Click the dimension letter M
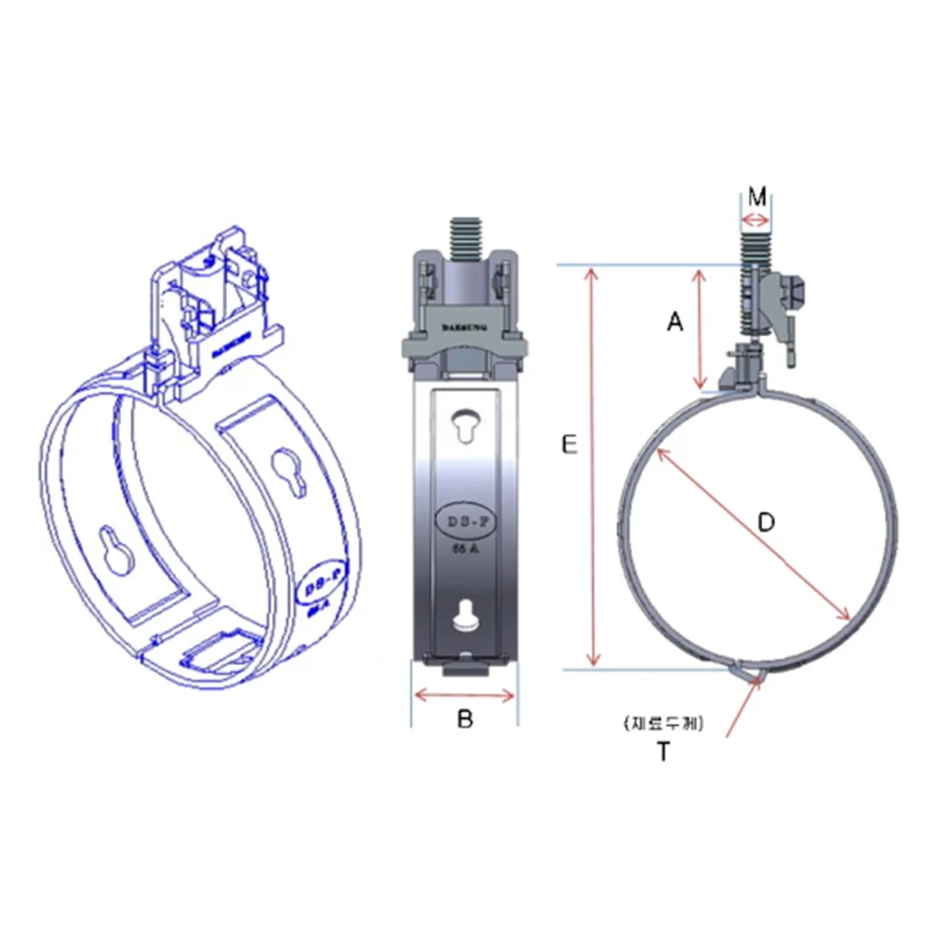pyautogui.click(x=757, y=197)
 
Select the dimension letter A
pyautogui.click(x=675, y=323)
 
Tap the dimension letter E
pyautogui.click(x=569, y=446)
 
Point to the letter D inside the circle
pyautogui.click(x=765, y=522)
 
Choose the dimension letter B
pyautogui.click(x=465, y=719)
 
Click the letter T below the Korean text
pyautogui.click(x=662, y=752)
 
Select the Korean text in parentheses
pyautogui.click(x=664, y=722)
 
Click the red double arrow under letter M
pyautogui.click(x=756, y=221)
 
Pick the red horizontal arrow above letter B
pyautogui.click(x=465, y=695)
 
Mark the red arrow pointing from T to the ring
pyautogui.click(x=744, y=707)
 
